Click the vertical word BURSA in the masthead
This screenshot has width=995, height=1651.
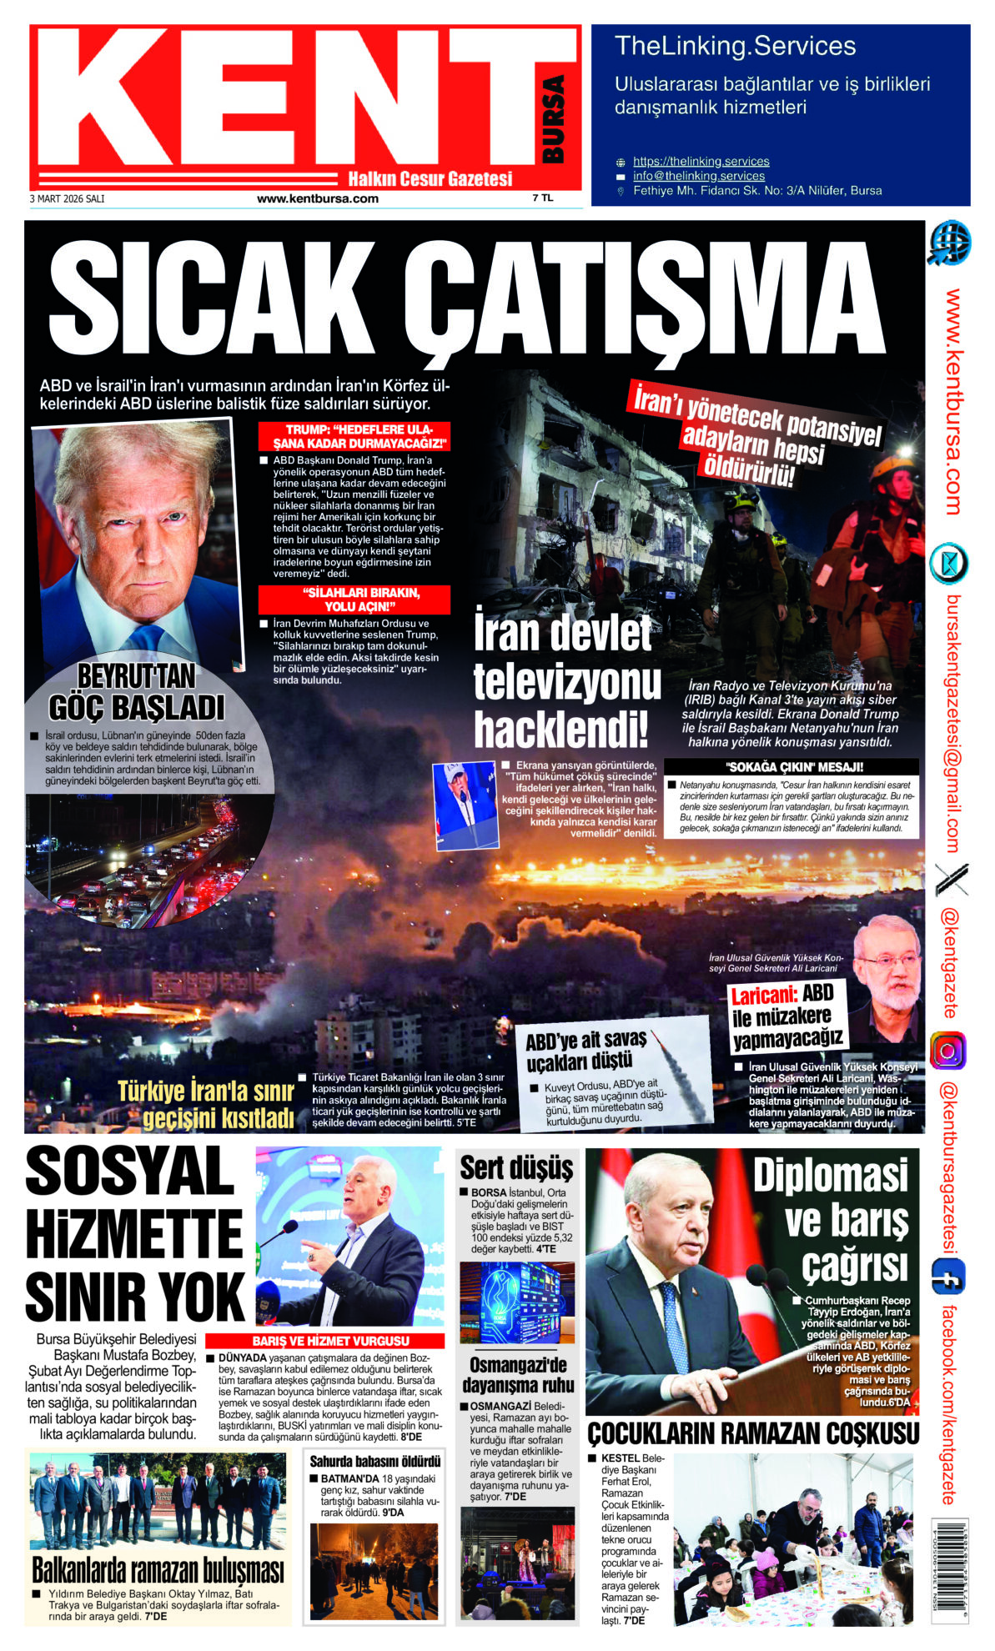(x=553, y=119)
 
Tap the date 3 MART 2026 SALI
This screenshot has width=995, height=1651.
(x=67, y=199)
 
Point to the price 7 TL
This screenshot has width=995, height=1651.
(x=542, y=198)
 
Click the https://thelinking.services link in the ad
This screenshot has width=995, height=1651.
(x=701, y=161)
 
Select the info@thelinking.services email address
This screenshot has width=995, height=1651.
(x=698, y=176)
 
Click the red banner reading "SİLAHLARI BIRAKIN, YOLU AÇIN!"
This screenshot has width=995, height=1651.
(x=354, y=600)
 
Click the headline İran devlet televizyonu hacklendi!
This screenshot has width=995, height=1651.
(x=567, y=682)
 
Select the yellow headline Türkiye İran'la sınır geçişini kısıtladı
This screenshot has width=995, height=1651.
(x=206, y=1104)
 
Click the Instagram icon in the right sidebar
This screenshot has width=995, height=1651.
(x=948, y=1051)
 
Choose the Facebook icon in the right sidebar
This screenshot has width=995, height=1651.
(x=948, y=1277)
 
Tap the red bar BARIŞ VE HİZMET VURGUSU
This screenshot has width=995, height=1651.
(x=331, y=1342)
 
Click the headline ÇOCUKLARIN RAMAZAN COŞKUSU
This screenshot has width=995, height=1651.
(x=753, y=1434)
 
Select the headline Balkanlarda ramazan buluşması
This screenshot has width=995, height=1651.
(x=158, y=1571)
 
